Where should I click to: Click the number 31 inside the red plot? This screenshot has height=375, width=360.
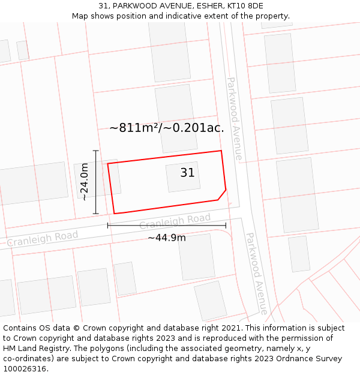pyautogui.click(x=187, y=173)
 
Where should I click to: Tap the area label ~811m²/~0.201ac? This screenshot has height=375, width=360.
pyautogui.click(x=167, y=128)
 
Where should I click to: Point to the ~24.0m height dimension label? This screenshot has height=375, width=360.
pyautogui.click(x=85, y=182)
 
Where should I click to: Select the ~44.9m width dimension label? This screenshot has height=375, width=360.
pyautogui.click(x=167, y=238)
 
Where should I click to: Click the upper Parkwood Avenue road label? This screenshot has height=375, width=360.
pyautogui.click(x=235, y=119)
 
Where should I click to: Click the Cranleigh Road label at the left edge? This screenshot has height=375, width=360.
pyautogui.click(x=42, y=238)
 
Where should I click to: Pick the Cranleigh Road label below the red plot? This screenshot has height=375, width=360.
pyautogui.click(x=175, y=221)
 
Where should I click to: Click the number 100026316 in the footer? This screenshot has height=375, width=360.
pyautogui.click(x=26, y=369)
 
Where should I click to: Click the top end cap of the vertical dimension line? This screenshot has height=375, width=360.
pyautogui.click(x=96, y=151)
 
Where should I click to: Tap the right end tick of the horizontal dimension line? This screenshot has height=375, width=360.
pyautogui.click(x=226, y=226)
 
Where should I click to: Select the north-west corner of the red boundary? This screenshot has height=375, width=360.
pyautogui.click(x=108, y=163)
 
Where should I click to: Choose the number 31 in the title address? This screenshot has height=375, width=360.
pyautogui.click(x=103, y=5)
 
